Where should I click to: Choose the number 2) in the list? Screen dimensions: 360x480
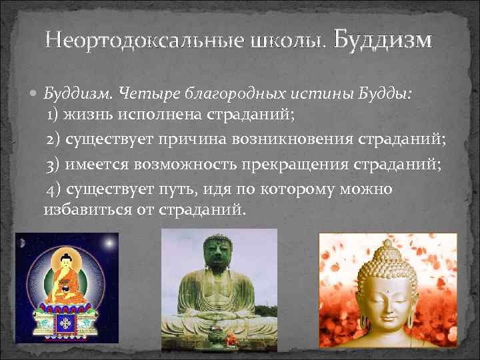point(55,140)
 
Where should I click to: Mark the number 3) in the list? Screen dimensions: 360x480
point(55,165)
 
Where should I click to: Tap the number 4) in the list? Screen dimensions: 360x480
point(55,189)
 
